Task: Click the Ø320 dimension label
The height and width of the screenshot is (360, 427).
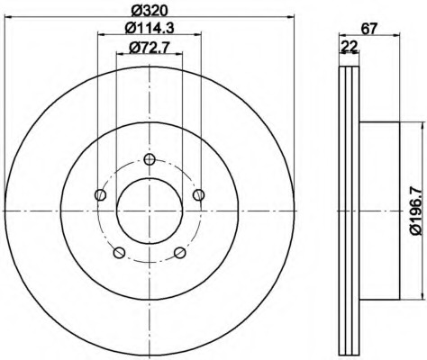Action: click(x=150, y=10)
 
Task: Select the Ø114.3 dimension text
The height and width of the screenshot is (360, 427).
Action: click(x=150, y=29)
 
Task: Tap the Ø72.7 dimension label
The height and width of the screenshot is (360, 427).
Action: click(x=150, y=48)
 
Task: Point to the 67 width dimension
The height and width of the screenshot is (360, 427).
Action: click(x=368, y=29)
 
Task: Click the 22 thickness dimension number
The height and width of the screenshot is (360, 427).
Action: click(x=350, y=47)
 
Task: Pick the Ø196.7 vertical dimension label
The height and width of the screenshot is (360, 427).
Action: click(x=416, y=211)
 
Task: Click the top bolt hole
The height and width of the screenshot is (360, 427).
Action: click(x=150, y=159)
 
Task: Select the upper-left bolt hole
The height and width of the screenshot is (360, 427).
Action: click(x=101, y=195)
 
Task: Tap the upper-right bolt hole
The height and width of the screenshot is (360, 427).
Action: click(x=198, y=195)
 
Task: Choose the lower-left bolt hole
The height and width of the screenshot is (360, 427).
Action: click(x=119, y=252)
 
